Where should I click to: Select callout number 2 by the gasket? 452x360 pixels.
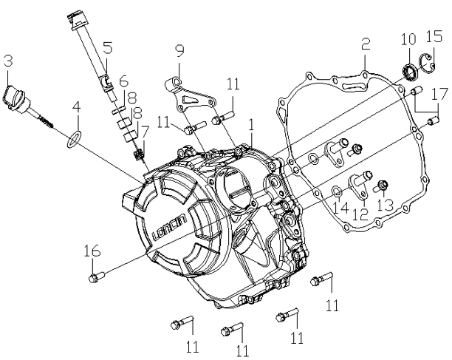(x=364, y=45)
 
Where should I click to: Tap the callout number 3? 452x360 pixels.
(x=7, y=60)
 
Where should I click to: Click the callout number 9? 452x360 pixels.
(x=178, y=51)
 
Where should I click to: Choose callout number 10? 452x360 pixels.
(x=408, y=38)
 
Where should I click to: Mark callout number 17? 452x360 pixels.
(x=439, y=94)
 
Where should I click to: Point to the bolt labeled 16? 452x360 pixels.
(x=95, y=277)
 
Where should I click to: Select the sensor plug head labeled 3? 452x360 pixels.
(x=16, y=96)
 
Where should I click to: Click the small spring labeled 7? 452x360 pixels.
(x=138, y=156)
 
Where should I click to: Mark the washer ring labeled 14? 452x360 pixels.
(x=336, y=192)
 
